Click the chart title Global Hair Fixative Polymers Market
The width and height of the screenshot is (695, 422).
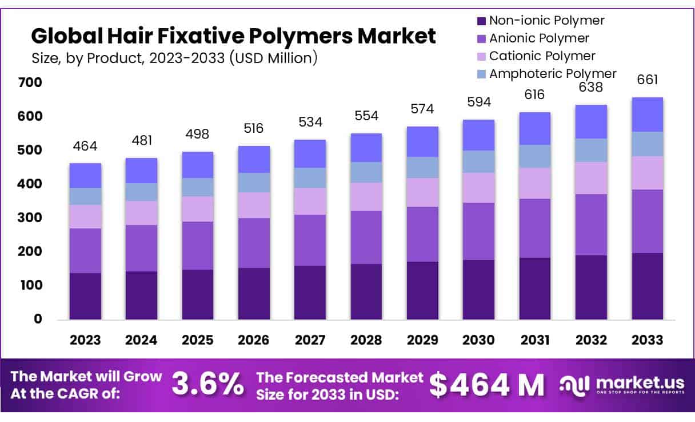pos(233,36)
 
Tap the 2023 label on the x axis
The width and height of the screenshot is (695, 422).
pos(85,340)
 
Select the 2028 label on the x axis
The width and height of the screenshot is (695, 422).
pos(366,340)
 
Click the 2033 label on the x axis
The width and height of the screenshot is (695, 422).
pos(648,340)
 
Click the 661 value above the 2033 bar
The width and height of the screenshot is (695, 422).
pos(648,80)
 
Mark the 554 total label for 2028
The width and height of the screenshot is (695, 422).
pos(366,116)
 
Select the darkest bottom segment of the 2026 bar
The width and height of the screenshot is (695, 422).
pos(254,293)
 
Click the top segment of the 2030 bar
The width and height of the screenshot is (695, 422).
pos(479,135)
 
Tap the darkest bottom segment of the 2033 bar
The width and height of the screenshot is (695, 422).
pos(648,286)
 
